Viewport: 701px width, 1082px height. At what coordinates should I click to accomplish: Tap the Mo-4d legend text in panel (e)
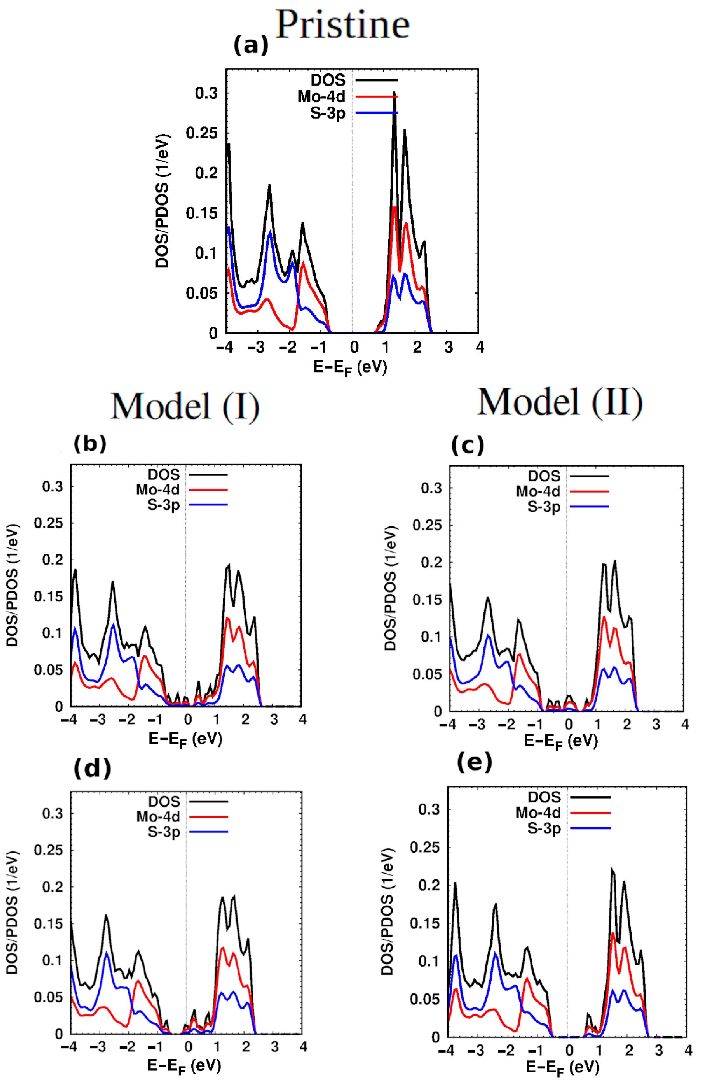pos(538,812)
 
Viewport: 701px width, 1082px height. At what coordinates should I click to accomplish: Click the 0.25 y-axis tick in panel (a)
pos(201,133)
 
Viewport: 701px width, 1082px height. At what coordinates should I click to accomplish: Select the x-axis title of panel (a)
pos(350,367)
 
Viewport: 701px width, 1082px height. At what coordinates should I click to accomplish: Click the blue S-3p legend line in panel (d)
pos(208,832)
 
